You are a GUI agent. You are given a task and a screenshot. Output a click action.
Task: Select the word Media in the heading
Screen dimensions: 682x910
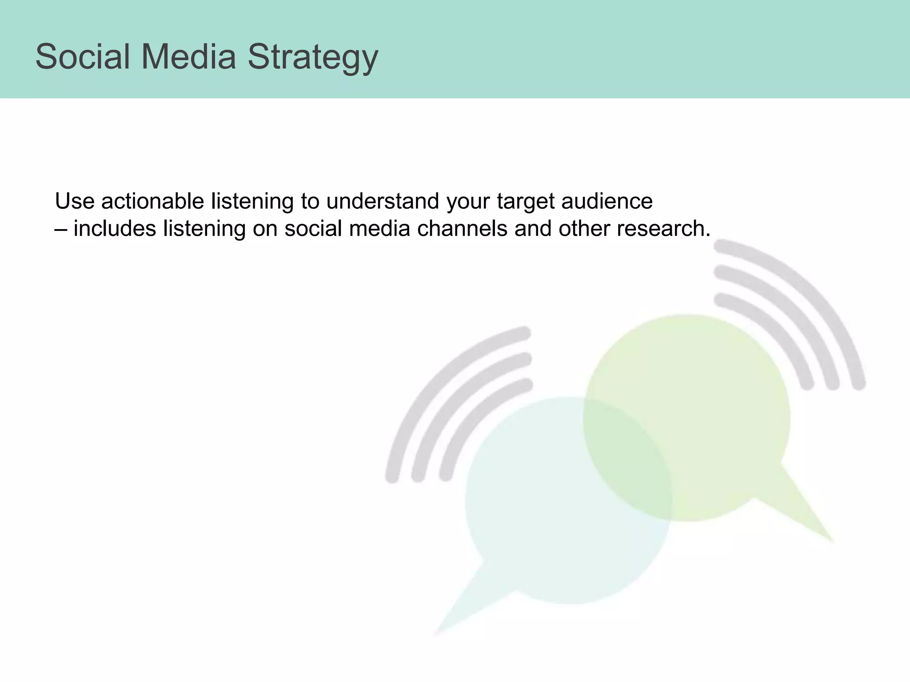coord(189,57)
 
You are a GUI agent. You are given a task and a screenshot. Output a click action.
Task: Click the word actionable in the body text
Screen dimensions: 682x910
coord(152,201)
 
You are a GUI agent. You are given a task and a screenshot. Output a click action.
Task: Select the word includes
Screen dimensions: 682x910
coord(115,229)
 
